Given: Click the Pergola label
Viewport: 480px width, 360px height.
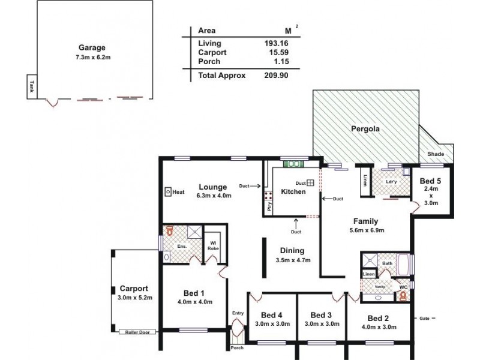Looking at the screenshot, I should coord(366,128).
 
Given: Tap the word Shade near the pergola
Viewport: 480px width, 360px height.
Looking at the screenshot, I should coord(436,154).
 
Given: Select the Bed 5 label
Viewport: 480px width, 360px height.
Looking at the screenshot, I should coord(430,181).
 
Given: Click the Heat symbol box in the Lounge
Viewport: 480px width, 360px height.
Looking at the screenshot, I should coord(167,192).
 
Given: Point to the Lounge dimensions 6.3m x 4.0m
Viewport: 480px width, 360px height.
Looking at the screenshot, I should coord(214,196).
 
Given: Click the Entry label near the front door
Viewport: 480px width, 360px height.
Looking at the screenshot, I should coord(238,313).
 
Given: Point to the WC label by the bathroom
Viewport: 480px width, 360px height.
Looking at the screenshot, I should coord(403,287).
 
